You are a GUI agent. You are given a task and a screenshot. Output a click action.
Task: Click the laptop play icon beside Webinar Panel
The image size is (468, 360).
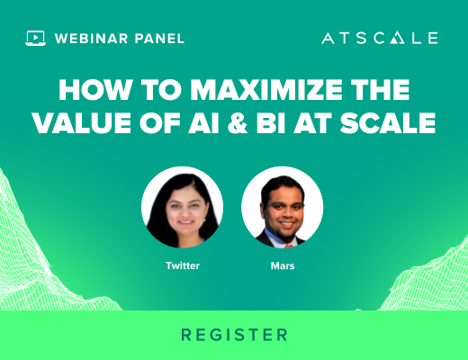tap(35, 38)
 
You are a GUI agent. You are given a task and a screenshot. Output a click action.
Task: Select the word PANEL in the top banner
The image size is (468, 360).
tap(159, 39)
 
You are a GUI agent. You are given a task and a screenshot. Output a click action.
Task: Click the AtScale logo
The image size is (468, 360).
tap(380, 38)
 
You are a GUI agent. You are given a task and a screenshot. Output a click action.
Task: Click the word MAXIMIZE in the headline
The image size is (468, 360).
tap(266, 90)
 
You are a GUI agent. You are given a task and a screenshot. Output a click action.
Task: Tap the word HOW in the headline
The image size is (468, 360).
tap(95, 90)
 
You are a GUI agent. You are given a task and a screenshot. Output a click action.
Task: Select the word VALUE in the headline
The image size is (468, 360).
tap(82, 122)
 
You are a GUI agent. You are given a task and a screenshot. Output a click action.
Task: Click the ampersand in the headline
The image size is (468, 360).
tap(238, 122)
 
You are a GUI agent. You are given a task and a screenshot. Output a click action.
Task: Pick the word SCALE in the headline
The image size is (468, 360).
tap(388, 122)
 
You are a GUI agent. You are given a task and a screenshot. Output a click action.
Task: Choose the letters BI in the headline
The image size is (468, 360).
tap(271, 122)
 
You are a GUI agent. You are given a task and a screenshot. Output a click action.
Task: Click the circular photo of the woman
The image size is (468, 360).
tap(182, 207)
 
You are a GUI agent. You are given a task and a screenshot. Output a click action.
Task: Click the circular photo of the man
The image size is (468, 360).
tap(283, 207)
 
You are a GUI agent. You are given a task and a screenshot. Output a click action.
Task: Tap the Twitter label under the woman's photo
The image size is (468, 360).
tap(183, 265)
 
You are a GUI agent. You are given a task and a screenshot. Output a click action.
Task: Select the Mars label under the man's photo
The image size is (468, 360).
tap(283, 265)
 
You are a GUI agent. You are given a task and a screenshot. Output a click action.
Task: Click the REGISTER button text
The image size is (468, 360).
tap(234, 335)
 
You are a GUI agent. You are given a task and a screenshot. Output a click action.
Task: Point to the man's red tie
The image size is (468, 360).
tap(289, 246)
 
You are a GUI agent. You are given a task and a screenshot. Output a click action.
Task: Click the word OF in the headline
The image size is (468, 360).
tap(160, 122)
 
